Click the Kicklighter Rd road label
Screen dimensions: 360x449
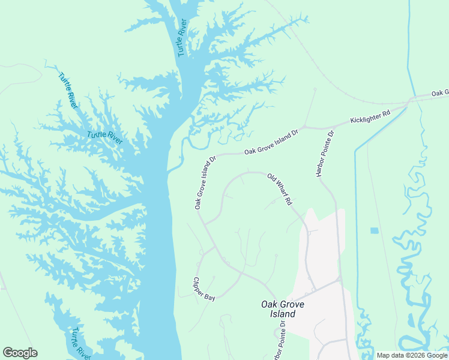coord(370,116)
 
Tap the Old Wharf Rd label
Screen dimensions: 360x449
coord(279,190)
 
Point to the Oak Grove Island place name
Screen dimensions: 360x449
coord(283,309)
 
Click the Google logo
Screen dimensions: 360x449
coord(20,353)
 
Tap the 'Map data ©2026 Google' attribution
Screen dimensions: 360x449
coord(412,355)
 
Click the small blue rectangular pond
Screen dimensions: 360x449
coord(375,230)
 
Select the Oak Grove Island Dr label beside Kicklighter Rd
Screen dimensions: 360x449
coord(271,142)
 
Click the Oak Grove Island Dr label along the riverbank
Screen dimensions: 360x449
coord(205,183)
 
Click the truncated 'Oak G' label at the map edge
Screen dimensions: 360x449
coord(439,93)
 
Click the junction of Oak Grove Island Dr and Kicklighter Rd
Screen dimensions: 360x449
coord(304,127)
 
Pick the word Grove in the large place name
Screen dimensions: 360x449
coord(292,305)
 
